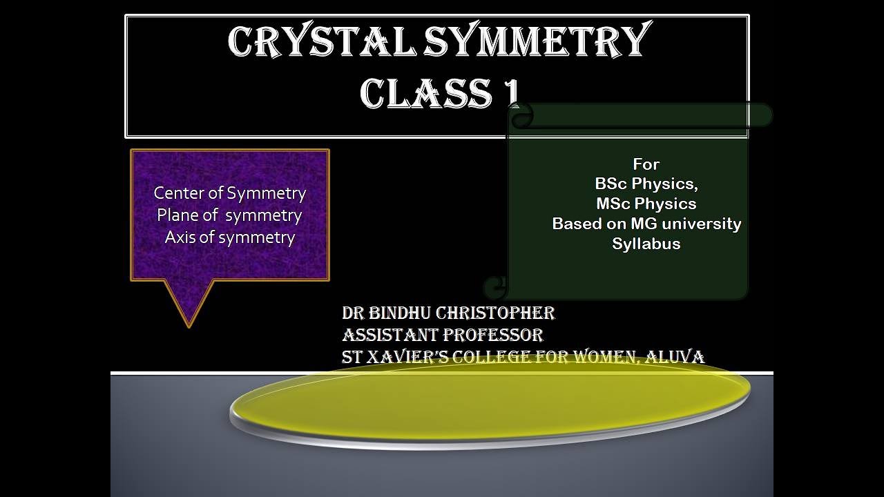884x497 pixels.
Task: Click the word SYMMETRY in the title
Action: (x=538, y=42)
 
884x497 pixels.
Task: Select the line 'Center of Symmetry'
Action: (x=229, y=193)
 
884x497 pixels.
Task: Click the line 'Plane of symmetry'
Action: (x=229, y=215)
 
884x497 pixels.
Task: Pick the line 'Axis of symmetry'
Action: (x=229, y=237)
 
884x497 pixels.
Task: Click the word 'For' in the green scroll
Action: (x=646, y=164)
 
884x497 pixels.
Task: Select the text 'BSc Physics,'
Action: (x=646, y=184)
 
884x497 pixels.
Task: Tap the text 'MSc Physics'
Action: (x=646, y=204)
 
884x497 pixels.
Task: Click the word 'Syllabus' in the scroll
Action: (x=646, y=244)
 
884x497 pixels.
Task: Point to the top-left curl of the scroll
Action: (x=521, y=116)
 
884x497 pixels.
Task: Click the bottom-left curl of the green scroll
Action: (x=495, y=286)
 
